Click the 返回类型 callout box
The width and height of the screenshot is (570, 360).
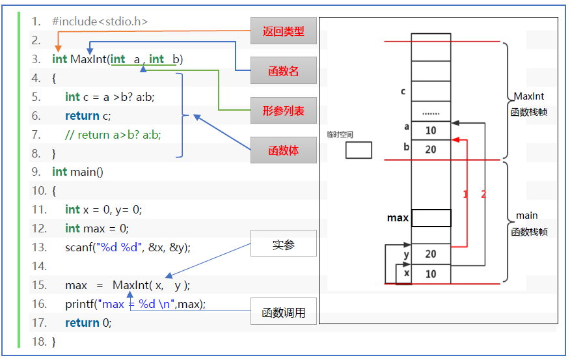[x=284, y=31]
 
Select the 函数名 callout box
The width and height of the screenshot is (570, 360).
[x=284, y=71]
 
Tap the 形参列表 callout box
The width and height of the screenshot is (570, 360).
[x=284, y=111]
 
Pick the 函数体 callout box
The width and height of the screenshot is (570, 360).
[x=284, y=150]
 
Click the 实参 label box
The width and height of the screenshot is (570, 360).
[x=284, y=245]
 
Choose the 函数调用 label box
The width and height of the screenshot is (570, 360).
[x=284, y=312]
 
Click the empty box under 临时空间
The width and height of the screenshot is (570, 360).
[x=359, y=150]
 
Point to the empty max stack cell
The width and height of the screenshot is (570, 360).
[x=431, y=218]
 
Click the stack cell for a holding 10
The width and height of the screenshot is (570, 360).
[x=431, y=130]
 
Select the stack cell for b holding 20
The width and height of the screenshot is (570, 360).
[x=431, y=149]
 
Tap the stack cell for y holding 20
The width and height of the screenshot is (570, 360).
[x=431, y=254]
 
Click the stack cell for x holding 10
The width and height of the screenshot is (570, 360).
[x=431, y=274]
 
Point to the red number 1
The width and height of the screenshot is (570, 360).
[x=465, y=194]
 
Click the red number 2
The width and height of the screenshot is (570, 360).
[x=483, y=194]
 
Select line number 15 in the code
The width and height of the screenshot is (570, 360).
[x=39, y=286]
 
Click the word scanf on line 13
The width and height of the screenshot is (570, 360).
[x=79, y=247]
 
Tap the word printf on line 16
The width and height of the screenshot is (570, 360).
[x=79, y=304]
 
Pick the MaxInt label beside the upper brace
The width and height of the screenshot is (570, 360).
[x=528, y=96]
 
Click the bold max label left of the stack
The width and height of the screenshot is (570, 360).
[x=398, y=218]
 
